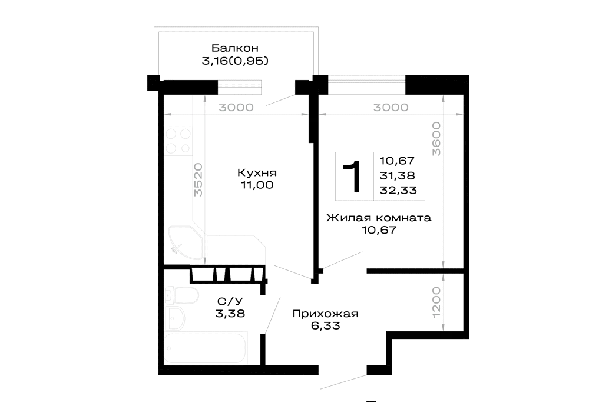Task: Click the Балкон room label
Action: click(235, 48)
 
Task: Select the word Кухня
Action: click(257, 172)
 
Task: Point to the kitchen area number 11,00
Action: click(257, 185)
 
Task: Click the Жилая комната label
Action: click(379, 218)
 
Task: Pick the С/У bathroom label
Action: click(230, 301)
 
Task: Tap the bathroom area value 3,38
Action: click(230, 314)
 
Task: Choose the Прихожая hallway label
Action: click(325, 314)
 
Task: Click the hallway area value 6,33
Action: click(325, 325)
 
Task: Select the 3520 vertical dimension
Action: click(198, 179)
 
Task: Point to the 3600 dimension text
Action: click(436, 138)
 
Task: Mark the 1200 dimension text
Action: click(436, 302)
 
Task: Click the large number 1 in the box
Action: click(352, 176)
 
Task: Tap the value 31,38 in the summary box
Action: click(398, 175)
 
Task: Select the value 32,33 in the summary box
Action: click(398, 190)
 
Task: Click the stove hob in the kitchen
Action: click(178, 141)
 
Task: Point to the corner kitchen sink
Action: click(186, 242)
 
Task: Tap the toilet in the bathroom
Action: click(182, 295)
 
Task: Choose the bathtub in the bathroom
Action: click(206, 347)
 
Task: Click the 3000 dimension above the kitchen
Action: click(236, 107)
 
